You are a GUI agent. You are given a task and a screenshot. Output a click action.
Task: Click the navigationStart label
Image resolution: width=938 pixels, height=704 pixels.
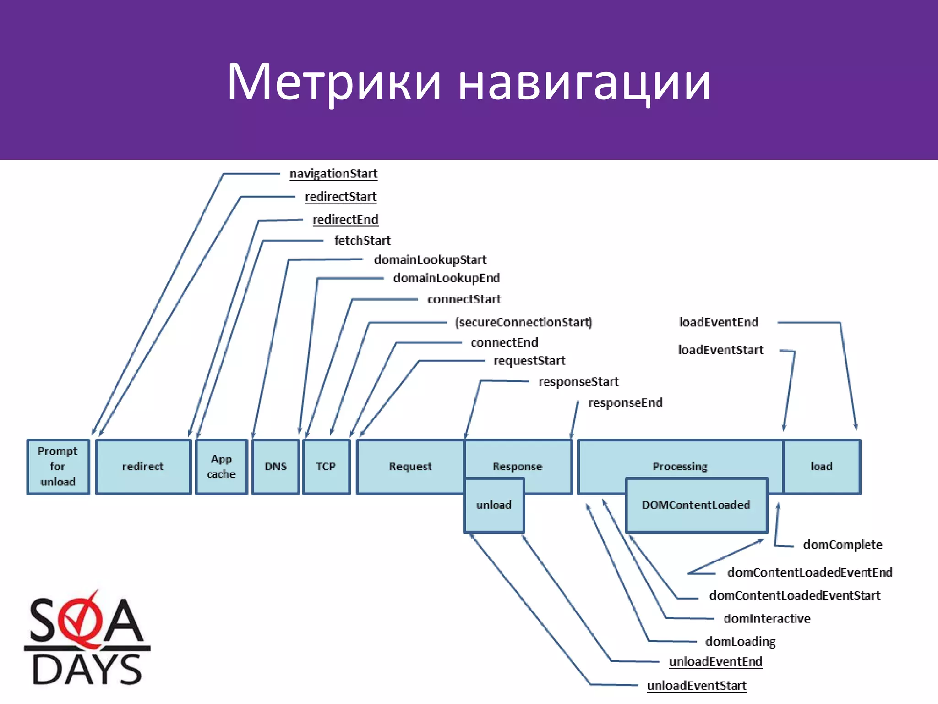pos(333,174)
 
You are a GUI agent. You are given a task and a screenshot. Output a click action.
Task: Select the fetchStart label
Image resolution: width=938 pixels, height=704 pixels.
pos(362,241)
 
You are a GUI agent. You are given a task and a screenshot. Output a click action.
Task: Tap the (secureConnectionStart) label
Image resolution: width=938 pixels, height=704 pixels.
pos(524,322)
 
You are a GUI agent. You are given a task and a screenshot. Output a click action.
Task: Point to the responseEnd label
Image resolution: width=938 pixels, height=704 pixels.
pos(625,403)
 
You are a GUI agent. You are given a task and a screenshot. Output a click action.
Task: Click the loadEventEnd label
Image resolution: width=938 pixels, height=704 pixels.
pos(719,322)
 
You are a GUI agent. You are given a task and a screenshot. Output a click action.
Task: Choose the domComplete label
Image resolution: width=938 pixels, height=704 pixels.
pos(842,545)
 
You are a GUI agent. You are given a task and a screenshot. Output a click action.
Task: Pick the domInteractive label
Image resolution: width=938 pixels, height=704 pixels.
pos(767,619)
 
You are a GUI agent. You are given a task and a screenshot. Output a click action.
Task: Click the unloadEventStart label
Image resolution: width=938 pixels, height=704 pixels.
pos(697,686)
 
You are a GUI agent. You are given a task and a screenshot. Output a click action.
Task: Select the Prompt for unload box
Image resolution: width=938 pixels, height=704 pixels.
pos(58,467)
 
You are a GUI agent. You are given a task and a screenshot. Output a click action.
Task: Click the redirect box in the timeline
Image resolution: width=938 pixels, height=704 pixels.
pos(143,467)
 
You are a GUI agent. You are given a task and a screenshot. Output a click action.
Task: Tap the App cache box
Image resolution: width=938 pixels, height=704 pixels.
pos(221,467)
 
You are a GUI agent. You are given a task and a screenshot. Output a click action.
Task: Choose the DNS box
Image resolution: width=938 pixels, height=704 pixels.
pos(276,467)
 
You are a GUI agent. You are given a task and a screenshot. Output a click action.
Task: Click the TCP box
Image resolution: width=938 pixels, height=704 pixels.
pos(326,467)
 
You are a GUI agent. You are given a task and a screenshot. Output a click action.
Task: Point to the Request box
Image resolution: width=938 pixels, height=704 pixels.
pos(410,467)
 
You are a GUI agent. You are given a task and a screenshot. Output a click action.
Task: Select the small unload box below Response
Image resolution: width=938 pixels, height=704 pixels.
pos(494,505)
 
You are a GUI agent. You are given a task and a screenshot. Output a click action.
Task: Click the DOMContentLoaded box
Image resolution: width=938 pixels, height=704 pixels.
pos(696,505)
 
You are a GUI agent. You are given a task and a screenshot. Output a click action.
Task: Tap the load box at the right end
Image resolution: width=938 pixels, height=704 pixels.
pos(822,467)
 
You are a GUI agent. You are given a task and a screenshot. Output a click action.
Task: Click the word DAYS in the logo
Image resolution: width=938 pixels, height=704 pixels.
pos(87,670)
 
